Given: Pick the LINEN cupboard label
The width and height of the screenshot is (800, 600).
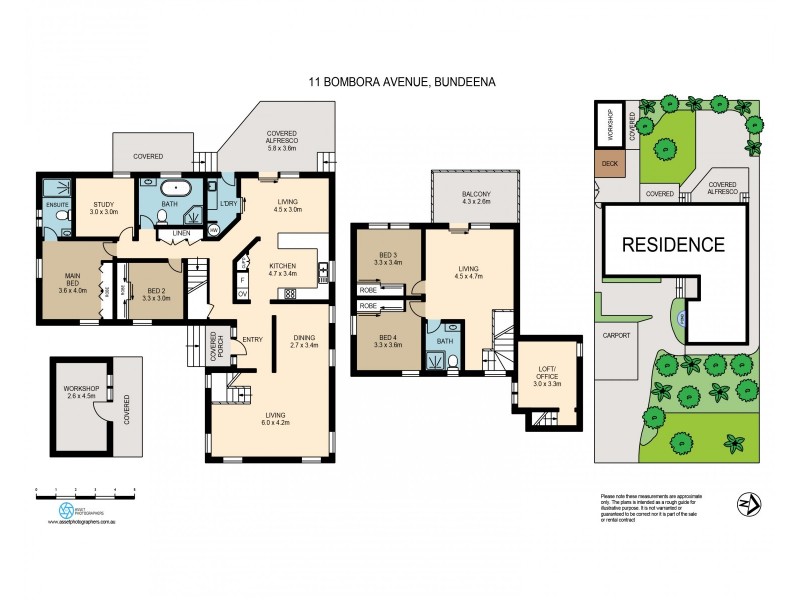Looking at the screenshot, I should click(x=181, y=234).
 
